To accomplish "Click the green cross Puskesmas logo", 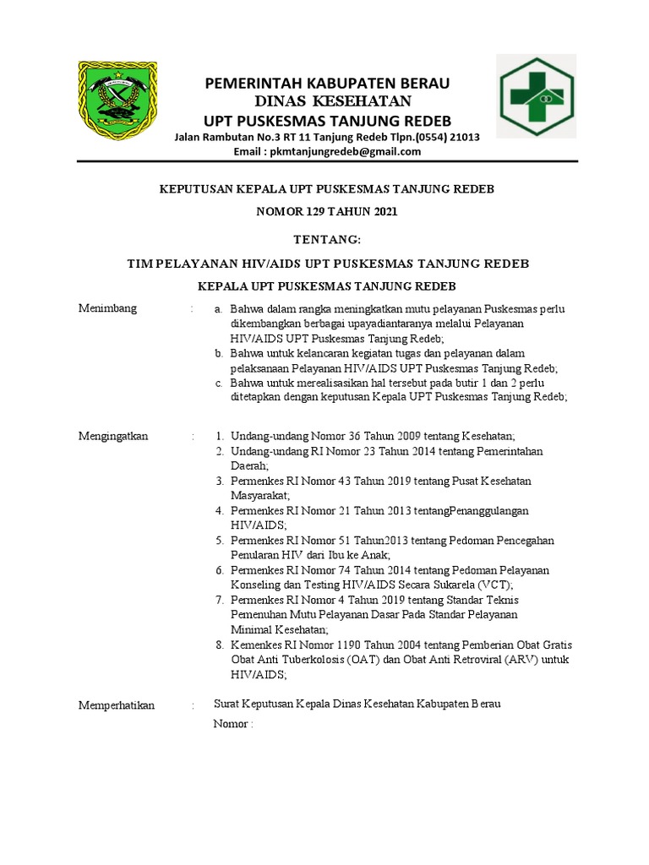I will (x=536, y=95).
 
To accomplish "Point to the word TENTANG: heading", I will (x=326, y=241).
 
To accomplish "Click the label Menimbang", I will (x=107, y=308).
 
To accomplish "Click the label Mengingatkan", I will (x=113, y=436).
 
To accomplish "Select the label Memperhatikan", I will (x=117, y=705).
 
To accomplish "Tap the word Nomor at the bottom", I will (x=230, y=724).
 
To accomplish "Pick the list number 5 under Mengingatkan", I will (x=219, y=541).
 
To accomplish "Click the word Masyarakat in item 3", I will (x=259, y=496).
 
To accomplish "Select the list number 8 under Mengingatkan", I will (x=219, y=645).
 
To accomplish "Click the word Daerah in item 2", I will (x=249, y=465).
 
